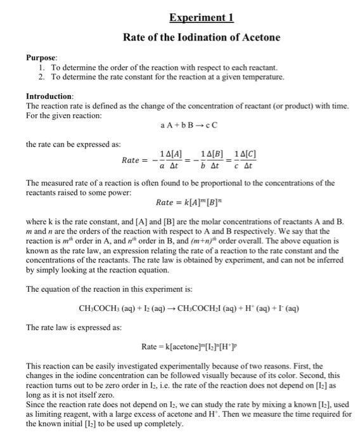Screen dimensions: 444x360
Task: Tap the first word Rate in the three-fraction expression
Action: click(134, 160)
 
